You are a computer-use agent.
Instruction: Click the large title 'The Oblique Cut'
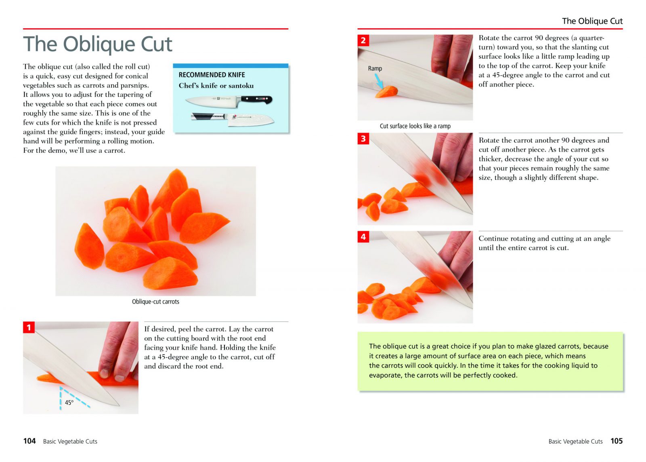[97, 44]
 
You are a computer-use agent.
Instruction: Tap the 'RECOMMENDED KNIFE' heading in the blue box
[212, 75]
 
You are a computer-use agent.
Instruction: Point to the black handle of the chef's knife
[256, 99]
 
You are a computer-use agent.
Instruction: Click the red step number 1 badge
[29, 327]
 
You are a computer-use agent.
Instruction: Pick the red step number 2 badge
[363, 40]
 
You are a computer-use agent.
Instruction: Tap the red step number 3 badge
[363, 139]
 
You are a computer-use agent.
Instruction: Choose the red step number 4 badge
[363, 237]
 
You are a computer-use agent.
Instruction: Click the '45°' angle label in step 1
[69, 403]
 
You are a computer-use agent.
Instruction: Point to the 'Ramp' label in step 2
[375, 68]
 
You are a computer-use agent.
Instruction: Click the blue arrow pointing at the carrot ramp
[379, 81]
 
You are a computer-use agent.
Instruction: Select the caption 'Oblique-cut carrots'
[155, 302]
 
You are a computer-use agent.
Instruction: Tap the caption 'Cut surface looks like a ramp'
[415, 126]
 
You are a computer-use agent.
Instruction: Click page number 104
[29, 441]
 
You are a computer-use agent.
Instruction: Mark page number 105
[617, 441]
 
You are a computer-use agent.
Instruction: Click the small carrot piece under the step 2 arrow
[386, 91]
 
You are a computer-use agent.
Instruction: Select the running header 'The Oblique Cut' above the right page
[592, 21]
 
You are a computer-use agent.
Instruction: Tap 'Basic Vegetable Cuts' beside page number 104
[70, 441]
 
